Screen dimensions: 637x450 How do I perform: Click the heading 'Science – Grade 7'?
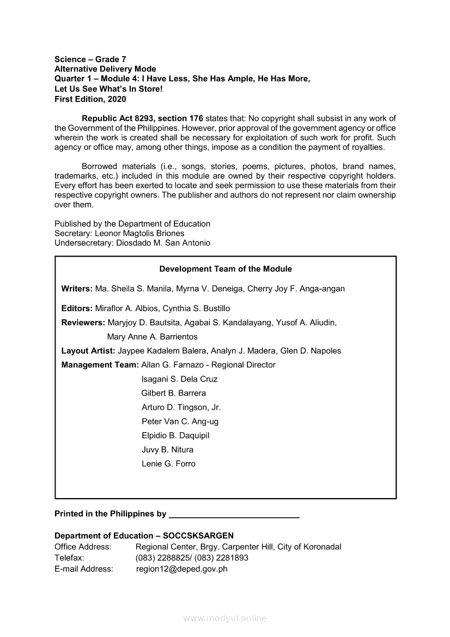point(90,59)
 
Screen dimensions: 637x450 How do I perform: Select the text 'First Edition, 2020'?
point(90,99)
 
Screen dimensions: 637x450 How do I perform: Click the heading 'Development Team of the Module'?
point(226,269)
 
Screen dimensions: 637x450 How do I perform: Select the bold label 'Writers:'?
point(77,288)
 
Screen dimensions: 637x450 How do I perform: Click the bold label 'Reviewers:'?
point(83,323)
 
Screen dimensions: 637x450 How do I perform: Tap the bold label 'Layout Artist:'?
point(88,351)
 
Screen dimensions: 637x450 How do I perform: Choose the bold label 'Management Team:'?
point(100,365)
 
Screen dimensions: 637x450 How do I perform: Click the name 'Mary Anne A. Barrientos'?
point(153,337)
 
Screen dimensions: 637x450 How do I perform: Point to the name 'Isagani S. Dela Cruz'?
point(179,379)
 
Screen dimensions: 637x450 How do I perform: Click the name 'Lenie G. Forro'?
point(168,464)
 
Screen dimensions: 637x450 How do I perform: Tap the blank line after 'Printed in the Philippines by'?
point(234,514)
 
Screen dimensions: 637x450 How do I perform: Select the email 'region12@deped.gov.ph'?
point(182,569)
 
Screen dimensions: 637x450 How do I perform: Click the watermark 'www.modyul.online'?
point(225,618)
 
